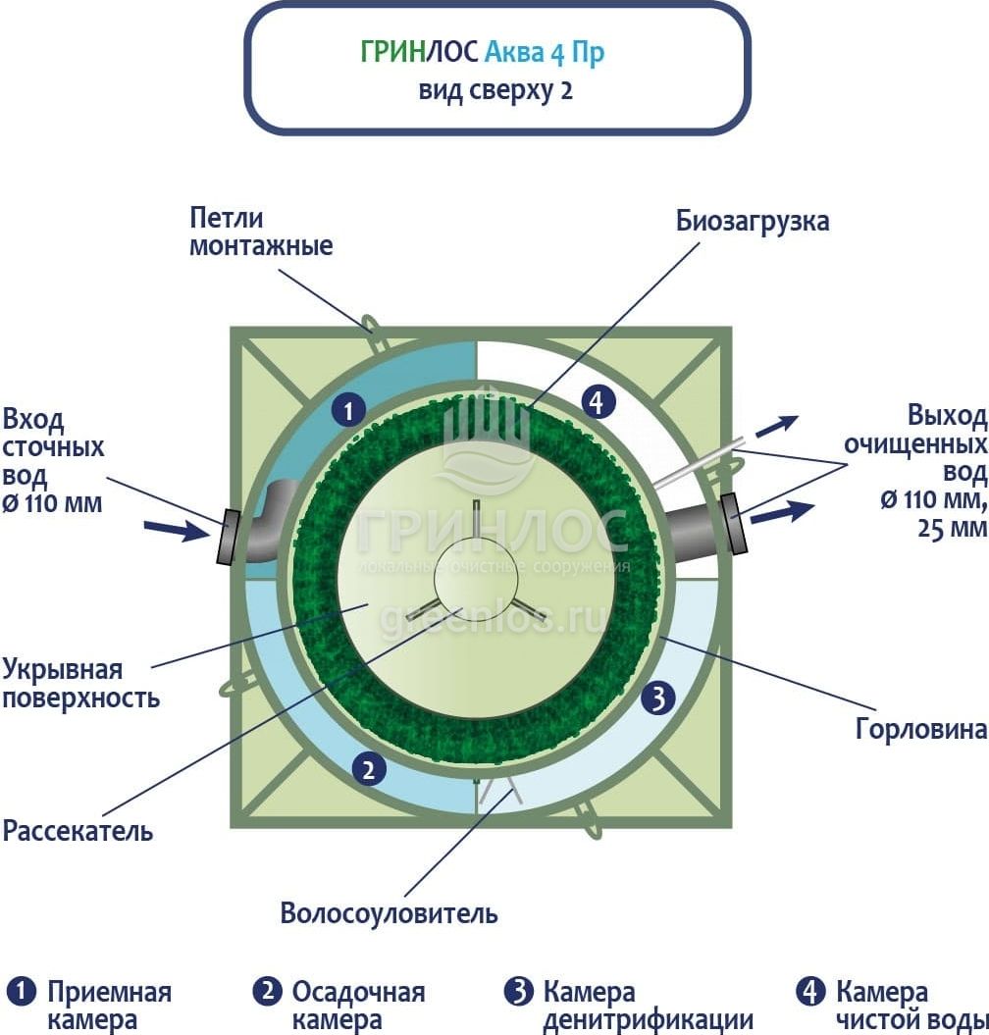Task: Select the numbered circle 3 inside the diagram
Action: tap(659, 699)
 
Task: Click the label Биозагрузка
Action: tap(753, 221)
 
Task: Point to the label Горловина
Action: tap(919, 730)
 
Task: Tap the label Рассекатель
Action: tap(78, 831)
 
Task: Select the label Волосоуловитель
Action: tap(390, 913)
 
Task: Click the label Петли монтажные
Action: tap(261, 232)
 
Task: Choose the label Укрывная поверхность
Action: tap(80, 685)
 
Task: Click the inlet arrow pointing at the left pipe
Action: tap(176, 531)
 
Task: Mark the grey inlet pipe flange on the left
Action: tap(228, 539)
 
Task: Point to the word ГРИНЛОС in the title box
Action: tap(420, 52)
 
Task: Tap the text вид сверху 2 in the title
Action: tap(495, 91)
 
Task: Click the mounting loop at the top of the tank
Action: tap(371, 324)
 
